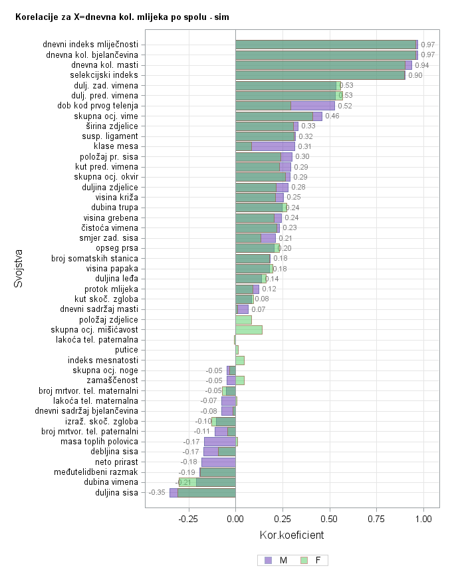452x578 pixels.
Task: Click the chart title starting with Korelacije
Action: (122, 14)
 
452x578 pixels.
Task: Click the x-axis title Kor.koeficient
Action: (291, 535)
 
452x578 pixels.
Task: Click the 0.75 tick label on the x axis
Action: (377, 519)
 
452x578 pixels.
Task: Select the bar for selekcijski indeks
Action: (320, 75)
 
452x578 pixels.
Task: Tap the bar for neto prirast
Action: (219, 462)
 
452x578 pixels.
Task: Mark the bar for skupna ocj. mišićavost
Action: (249, 330)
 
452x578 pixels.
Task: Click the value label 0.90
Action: (415, 76)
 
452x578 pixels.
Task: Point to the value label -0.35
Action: (157, 493)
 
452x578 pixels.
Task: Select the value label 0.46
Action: (332, 116)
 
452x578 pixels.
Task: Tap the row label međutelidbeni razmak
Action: (96, 472)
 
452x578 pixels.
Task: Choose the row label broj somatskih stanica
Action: (94, 258)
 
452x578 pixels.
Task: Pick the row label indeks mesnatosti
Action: (103, 361)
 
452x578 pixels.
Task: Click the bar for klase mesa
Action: (265, 146)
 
